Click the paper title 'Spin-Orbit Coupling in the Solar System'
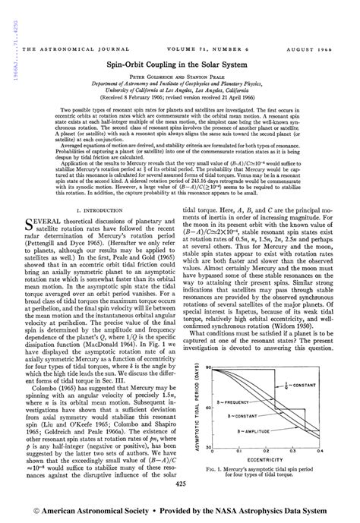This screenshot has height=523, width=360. pos(180,66)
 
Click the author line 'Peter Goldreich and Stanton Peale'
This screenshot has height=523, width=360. pos(180,77)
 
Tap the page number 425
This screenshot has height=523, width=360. pos(179,483)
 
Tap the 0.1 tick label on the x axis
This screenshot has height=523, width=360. pos(242,430)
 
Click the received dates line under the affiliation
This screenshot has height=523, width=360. pos(180,98)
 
